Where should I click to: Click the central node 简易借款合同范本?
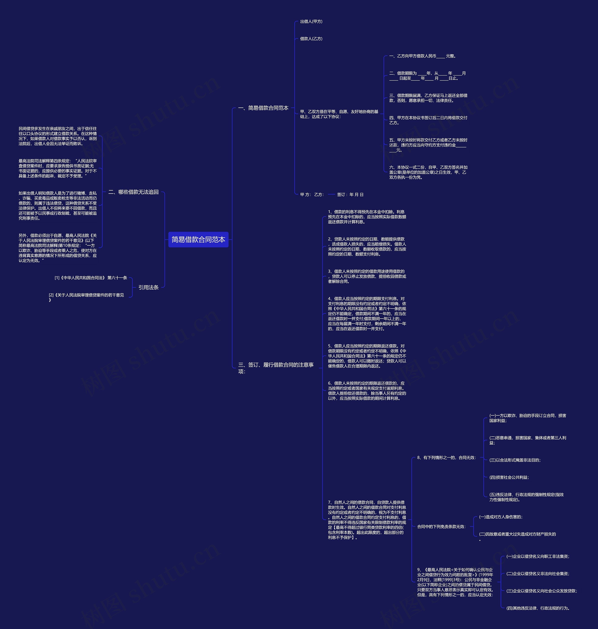coord(198,239)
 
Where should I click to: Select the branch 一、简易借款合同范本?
coord(263,108)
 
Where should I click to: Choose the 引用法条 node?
coord(148,287)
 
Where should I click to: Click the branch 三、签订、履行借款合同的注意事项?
coord(276,368)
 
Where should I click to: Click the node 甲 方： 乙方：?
coord(312,195)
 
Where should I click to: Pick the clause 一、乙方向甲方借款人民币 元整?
coord(422,56)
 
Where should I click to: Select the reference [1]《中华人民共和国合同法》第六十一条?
coord(91,278)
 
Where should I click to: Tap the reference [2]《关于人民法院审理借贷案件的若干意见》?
coord(86,297)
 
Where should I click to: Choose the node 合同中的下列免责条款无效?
coord(441,527)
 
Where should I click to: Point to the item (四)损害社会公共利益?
coord(509,477)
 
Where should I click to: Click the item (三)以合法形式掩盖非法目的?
coord(515,460)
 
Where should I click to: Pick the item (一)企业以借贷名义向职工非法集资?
coord(538,556)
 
